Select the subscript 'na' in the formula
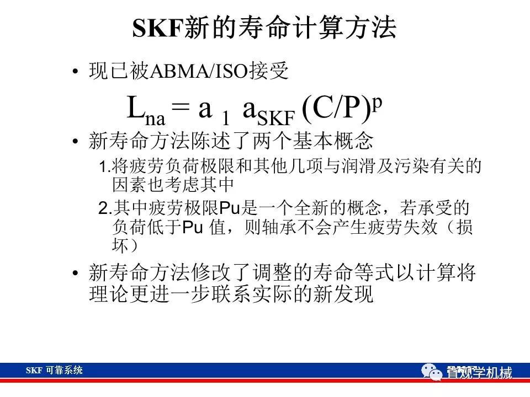tap(155, 119)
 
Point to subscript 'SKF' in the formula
tap(276, 118)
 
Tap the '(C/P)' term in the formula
tap(336, 109)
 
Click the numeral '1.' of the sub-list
tap(105, 167)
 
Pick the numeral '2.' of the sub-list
tap(105, 208)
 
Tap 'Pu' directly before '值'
tap(193, 228)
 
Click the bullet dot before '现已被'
tap(76, 72)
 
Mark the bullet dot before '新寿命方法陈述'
tap(76, 141)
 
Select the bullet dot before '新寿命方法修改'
tap(76, 273)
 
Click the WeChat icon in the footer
tap(432, 372)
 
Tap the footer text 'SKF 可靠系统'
tap(54, 371)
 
